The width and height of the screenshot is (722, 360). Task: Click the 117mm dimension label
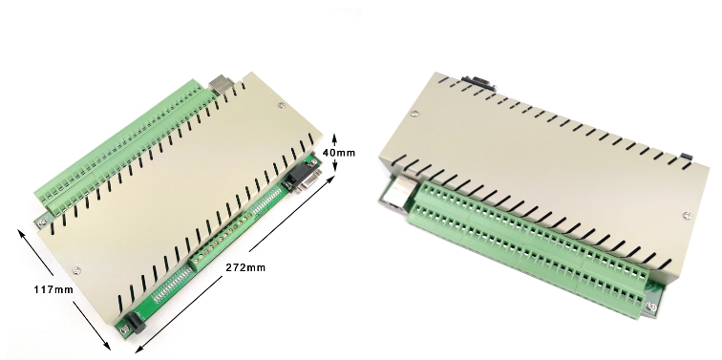click(x=53, y=289)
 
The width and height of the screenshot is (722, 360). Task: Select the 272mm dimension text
click(x=245, y=267)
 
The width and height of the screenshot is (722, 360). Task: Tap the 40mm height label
click(x=339, y=153)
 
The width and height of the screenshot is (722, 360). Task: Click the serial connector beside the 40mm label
click(x=303, y=178)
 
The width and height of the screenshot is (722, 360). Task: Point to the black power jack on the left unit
click(x=136, y=322)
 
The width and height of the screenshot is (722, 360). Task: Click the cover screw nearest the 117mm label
click(x=77, y=271)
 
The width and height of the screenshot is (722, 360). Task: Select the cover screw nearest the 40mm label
click(x=282, y=106)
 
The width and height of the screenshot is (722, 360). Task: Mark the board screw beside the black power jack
click(x=123, y=329)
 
